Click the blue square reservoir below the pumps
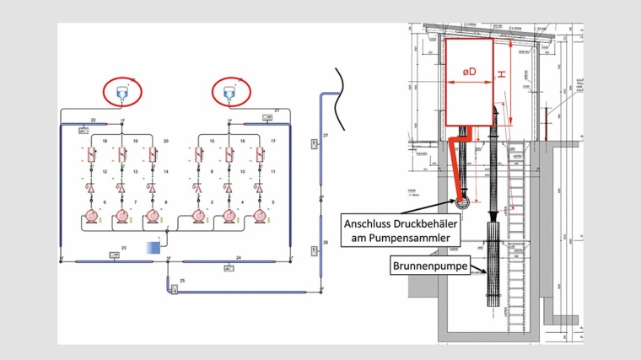pyautogui.click(x=154, y=247)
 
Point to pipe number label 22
pyautogui.click(x=93, y=121)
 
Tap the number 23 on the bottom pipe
pyautogui.click(x=123, y=248)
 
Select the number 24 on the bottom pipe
pyautogui.click(x=239, y=256)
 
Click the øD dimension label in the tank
pyautogui.click(x=469, y=73)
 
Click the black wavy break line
pyautogui.click(x=338, y=86)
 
